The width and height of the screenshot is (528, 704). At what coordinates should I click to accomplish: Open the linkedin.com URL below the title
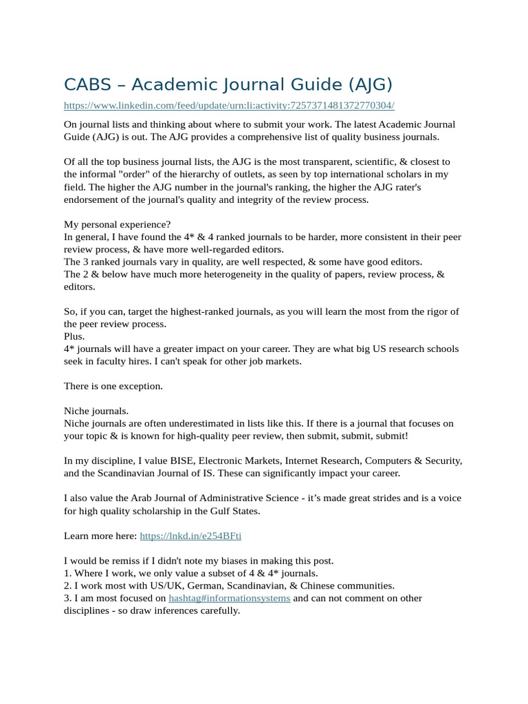click(229, 105)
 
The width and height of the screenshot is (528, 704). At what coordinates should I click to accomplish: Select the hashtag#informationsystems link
click(229, 598)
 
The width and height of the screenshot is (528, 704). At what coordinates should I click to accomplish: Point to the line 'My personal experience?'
click(118, 224)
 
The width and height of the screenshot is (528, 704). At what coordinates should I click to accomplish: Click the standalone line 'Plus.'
click(74, 336)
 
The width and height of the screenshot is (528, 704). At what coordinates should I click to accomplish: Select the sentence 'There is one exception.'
click(113, 386)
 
